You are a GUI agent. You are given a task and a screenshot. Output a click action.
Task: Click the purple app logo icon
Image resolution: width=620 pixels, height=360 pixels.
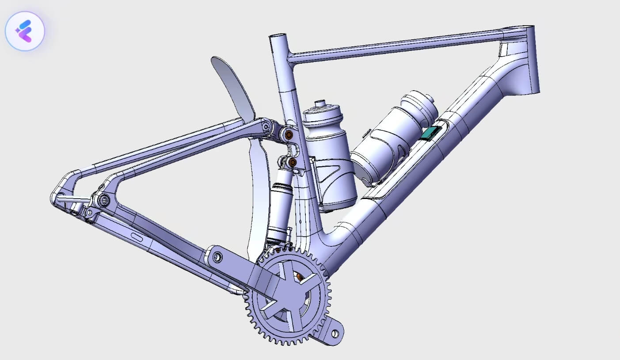(x=25, y=31)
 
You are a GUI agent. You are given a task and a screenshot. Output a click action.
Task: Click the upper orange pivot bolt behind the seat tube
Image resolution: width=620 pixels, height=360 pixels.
(x=289, y=134)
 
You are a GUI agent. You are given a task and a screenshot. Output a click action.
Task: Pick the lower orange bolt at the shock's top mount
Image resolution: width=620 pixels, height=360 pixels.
(x=292, y=163)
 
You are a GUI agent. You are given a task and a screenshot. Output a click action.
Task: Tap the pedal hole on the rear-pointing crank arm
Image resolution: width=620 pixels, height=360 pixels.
(x=217, y=255)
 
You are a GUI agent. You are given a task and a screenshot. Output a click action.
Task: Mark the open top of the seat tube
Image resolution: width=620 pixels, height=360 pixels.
(x=277, y=37)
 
